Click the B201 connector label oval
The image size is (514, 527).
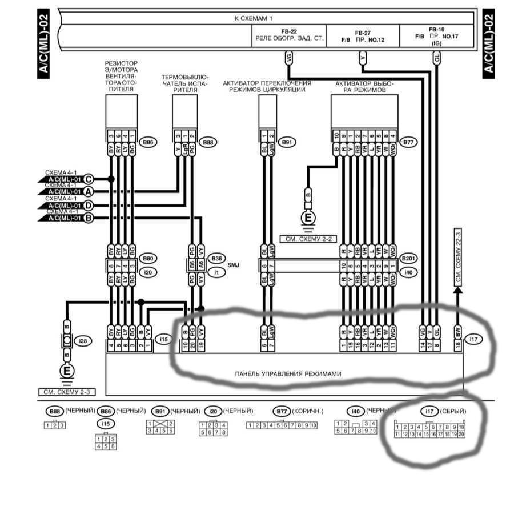(x=408, y=258)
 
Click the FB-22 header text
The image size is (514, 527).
(x=288, y=31)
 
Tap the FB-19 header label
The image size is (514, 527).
(x=437, y=29)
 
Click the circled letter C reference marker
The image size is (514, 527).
(x=88, y=179)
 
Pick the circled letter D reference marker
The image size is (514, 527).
(x=88, y=205)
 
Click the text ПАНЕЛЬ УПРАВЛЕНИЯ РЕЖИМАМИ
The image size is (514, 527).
(x=288, y=374)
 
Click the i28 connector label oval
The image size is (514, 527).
(x=84, y=341)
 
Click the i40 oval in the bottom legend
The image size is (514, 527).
(x=355, y=411)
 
